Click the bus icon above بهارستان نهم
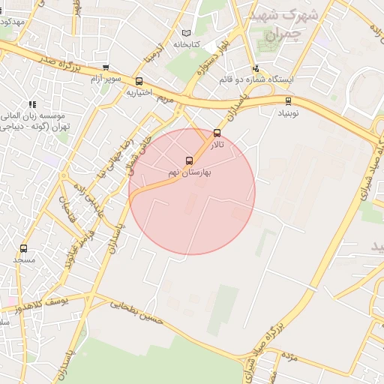[x=189, y=160]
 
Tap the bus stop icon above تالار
[x=217, y=133]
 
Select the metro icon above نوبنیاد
[x=288, y=101]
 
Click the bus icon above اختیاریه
[x=139, y=81]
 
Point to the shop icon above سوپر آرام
[x=105, y=67]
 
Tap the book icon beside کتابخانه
[x=187, y=33]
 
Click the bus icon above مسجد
[x=24, y=248]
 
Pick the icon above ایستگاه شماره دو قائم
[x=256, y=68]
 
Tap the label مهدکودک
[x=12, y=22]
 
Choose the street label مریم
[x=166, y=98]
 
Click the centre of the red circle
[x=192, y=191]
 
